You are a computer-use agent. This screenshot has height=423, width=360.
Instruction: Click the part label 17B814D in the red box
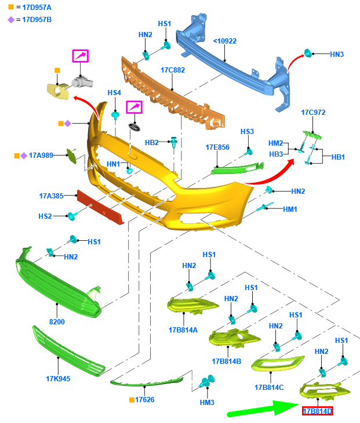(x=317, y=411)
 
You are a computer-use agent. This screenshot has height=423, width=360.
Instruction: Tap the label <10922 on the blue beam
(x=225, y=41)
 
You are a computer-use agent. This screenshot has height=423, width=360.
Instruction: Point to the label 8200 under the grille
(x=57, y=321)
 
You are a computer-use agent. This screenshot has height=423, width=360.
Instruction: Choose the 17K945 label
(x=58, y=379)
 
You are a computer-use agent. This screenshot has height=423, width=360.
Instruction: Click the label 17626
(x=145, y=400)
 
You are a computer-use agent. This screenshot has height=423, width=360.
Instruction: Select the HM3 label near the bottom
(x=207, y=402)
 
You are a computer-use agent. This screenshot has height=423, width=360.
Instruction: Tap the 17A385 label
(x=52, y=196)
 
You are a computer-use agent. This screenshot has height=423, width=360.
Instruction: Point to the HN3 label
(x=337, y=55)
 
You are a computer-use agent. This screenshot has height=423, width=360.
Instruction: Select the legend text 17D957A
(x=37, y=7)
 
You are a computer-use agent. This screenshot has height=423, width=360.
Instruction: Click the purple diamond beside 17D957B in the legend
(x=10, y=19)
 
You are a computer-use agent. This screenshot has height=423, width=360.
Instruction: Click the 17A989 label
(x=41, y=156)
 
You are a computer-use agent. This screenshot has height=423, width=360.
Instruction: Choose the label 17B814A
(x=183, y=330)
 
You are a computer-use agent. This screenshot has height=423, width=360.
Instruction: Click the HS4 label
(x=114, y=93)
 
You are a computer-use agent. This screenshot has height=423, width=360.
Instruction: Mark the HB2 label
(x=152, y=142)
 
